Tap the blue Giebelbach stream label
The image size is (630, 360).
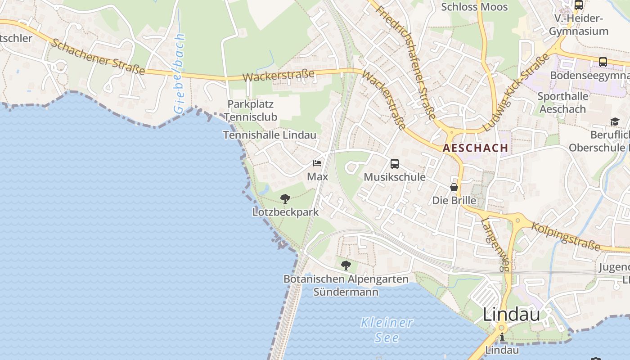(180, 73)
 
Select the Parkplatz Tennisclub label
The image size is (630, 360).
(251, 110)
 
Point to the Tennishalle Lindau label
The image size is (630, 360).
(270, 135)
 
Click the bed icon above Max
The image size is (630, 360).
(318, 163)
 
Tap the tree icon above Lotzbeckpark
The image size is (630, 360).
(285, 198)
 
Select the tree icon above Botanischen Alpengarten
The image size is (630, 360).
(346, 265)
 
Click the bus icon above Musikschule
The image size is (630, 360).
(395, 163)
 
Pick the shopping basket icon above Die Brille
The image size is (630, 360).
(454, 187)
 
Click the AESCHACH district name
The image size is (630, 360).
(476, 148)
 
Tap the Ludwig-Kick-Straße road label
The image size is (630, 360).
(517, 93)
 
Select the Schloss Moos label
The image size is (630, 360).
(474, 7)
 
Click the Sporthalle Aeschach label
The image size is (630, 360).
(563, 103)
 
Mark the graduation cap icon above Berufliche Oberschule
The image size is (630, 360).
(615, 121)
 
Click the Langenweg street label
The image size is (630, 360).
(495, 244)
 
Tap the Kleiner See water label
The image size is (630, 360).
(387, 330)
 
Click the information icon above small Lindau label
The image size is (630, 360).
(502, 337)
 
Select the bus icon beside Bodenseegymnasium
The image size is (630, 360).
(603, 62)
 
